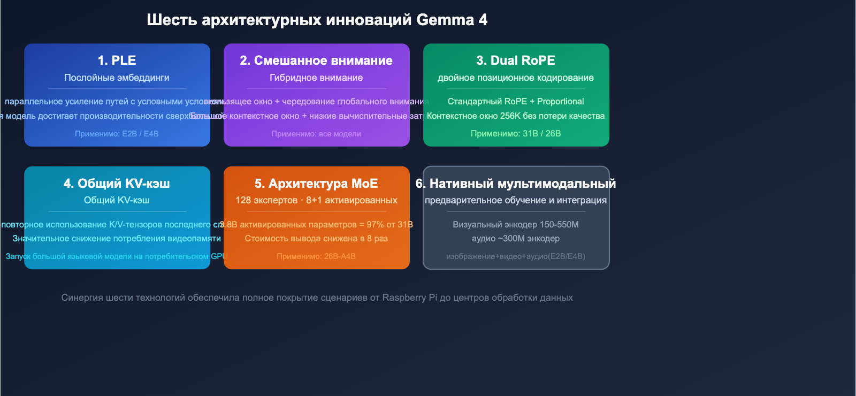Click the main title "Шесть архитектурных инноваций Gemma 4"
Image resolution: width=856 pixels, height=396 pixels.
pyautogui.click(x=317, y=20)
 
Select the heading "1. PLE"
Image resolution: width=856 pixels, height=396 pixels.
pyautogui.click(x=117, y=60)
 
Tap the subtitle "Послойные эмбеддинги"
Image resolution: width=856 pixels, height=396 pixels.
pyautogui.click(x=117, y=78)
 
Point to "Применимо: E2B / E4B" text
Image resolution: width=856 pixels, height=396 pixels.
pyautogui.click(x=117, y=134)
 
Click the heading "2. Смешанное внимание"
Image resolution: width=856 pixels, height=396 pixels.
pyautogui.click(x=316, y=60)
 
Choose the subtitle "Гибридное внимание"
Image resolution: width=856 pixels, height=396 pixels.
pyautogui.click(x=316, y=78)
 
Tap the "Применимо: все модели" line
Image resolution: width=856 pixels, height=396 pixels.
pyautogui.click(x=316, y=134)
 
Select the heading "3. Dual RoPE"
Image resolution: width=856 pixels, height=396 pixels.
pyautogui.click(x=516, y=60)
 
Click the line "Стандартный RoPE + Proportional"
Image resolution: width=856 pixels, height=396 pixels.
pyautogui.click(x=516, y=101)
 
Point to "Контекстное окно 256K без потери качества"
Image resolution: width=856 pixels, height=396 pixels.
pyautogui.click(x=516, y=116)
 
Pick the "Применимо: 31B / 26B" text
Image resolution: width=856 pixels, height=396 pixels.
pyautogui.click(x=516, y=133)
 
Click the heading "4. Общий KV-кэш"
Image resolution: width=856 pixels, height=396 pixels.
pyautogui.click(x=117, y=184)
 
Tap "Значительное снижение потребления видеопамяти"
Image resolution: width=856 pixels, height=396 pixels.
pyautogui.click(x=117, y=238)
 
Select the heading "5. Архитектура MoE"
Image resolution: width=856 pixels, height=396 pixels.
pyautogui.click(x=316, y=184)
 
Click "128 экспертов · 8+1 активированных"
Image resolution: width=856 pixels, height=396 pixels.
pyautogui.click(x=316, y=200)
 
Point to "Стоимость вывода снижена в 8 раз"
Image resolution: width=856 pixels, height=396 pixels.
pyautogui.click(x=316, y=238)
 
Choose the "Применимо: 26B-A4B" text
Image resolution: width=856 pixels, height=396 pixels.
pyautogui.click(x=316, y=256)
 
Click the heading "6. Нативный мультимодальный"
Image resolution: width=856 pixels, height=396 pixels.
pyautogui.click(x=516, y=184)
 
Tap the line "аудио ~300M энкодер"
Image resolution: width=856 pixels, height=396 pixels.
pyautogui.click(x=516, y=238)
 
